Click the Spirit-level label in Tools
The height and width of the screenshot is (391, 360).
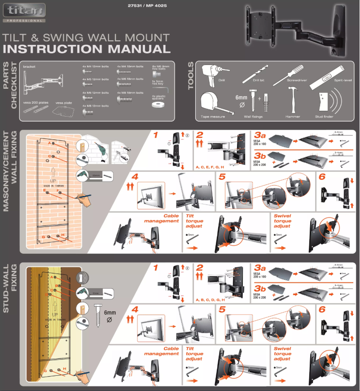[343, 80]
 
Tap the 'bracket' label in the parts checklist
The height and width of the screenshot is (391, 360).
[29, 66]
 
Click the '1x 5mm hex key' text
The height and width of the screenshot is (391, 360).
[158, 82]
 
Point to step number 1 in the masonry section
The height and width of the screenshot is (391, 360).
[155, 135]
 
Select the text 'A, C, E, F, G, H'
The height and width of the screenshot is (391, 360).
[210, 166]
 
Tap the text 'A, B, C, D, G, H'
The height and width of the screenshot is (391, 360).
[210, 299]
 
